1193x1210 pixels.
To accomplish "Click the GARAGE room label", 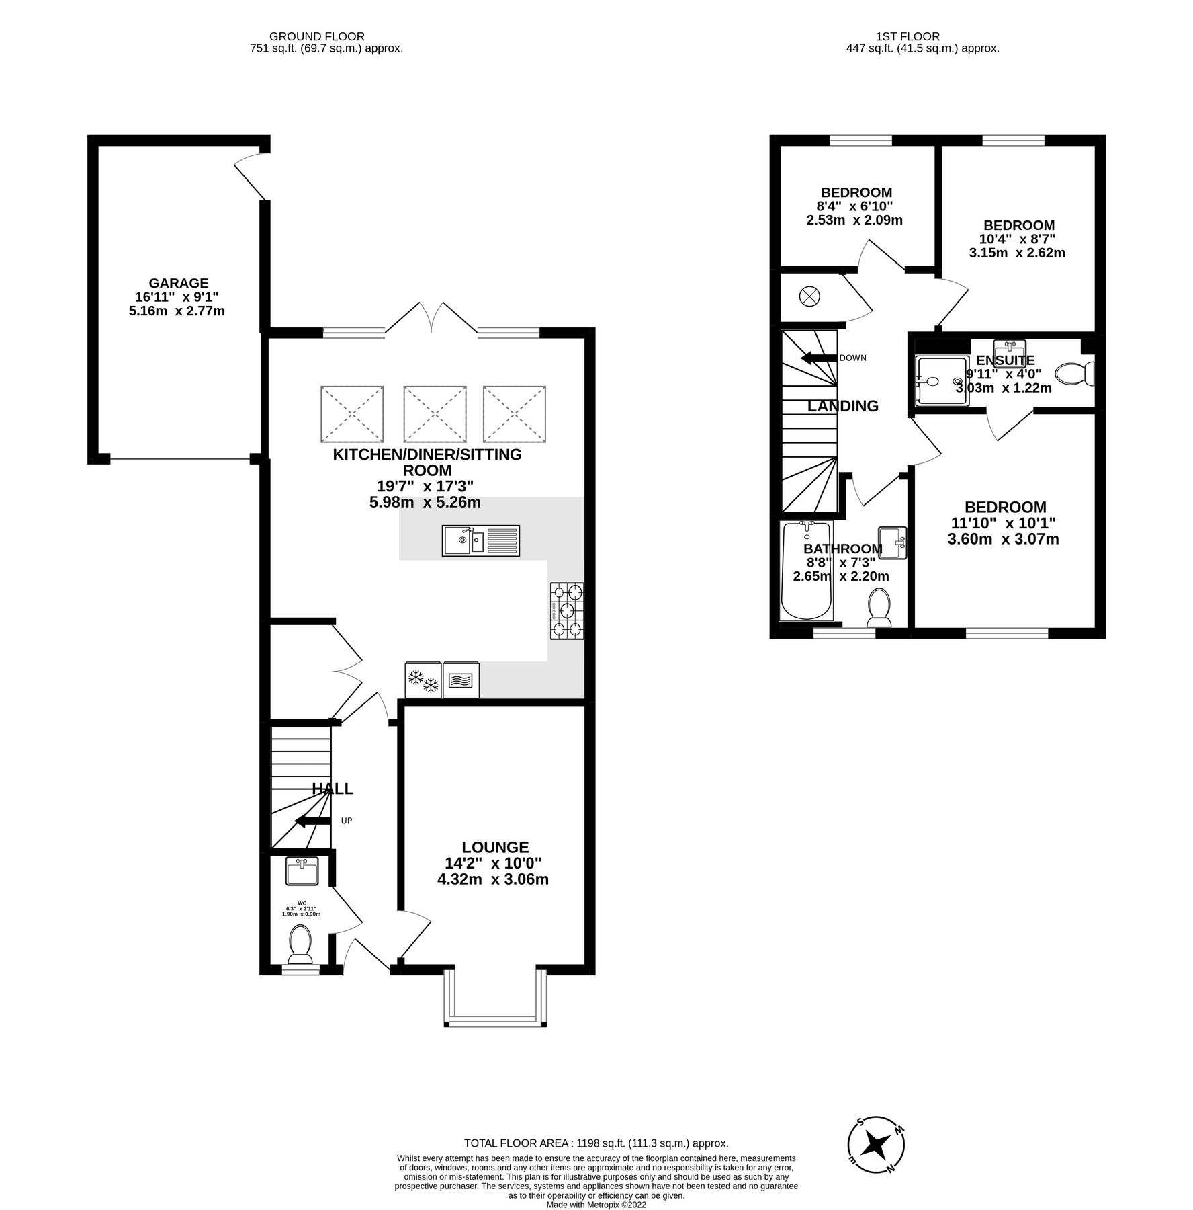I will pyautogui.click(x=178, y=283).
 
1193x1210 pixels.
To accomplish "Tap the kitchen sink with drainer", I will pyautogui.click(x=480, y=540).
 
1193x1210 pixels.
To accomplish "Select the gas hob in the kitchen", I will pyautogui.click(x=567, y=610).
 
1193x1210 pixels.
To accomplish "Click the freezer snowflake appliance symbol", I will pyautogui.click(x=423, y=680).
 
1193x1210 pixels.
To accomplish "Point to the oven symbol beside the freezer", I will pyautogui.click(x=461, y=680).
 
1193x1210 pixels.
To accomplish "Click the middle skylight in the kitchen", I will pyautogui.click(x=435, y=414).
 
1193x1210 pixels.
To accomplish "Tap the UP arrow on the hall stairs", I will pyautogui.click(x=313, y=821).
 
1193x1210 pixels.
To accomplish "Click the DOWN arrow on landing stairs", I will pyautogui.click(x=817, y=358).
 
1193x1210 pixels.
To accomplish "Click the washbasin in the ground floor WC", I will pyautogui.click(x=302, y=872).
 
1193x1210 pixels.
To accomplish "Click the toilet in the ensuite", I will pyautogui.click(x=1075, y=374).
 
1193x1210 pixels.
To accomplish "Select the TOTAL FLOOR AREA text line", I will pyautogui.click(x=596, y=1143).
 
